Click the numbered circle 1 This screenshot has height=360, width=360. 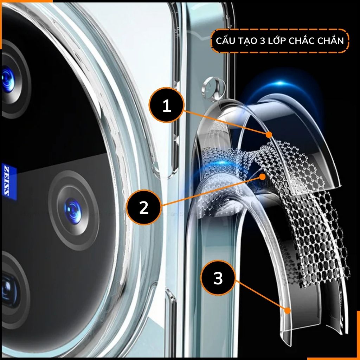click(167, 105)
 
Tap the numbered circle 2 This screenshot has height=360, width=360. click(144, 207)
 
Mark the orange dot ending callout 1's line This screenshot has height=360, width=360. click(269, 134)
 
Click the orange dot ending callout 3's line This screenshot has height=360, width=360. click(288, 310)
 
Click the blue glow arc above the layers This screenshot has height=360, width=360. click(281, 84)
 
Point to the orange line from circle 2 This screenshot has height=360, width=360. click(211, 190)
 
